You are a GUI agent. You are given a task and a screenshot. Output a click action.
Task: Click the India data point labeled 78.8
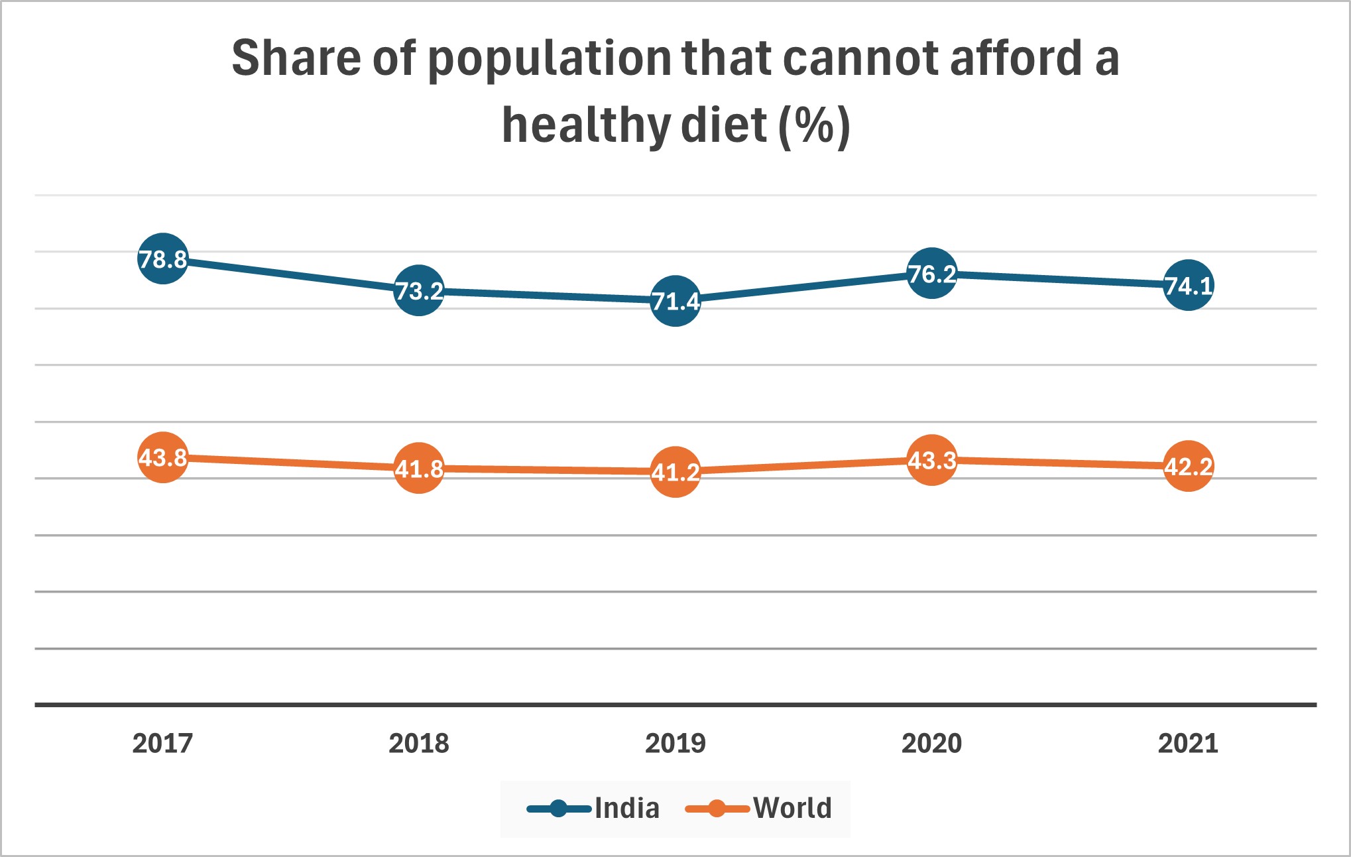click(162, 258)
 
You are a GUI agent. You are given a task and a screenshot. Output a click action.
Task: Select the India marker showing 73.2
click(419, 290)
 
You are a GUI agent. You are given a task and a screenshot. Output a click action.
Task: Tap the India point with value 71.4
click(675, 301)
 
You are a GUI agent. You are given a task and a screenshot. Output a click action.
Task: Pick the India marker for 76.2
click(932, 273)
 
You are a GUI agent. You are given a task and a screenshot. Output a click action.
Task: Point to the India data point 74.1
click(1189, 286)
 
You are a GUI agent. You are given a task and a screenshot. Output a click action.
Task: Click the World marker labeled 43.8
click(162, 457)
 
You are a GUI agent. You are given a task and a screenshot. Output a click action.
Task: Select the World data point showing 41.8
click(419, 469)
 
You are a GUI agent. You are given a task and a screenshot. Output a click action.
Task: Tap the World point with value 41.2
click(675, 472)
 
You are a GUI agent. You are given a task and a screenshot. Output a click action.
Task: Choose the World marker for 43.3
click(932, 460)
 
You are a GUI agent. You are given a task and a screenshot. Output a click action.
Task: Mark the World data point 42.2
click(1189, 466)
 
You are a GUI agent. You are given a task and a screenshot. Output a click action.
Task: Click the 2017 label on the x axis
click(162, 743)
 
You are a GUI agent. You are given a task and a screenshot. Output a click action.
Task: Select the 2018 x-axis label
click(419, 743)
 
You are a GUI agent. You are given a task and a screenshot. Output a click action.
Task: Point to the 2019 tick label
click(675, 743)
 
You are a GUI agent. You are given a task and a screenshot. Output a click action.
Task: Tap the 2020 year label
click(932, 743)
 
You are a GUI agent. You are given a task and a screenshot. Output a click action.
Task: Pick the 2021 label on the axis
click(1189, 743)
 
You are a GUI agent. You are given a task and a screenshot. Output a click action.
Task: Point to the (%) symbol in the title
click(814, 126)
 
